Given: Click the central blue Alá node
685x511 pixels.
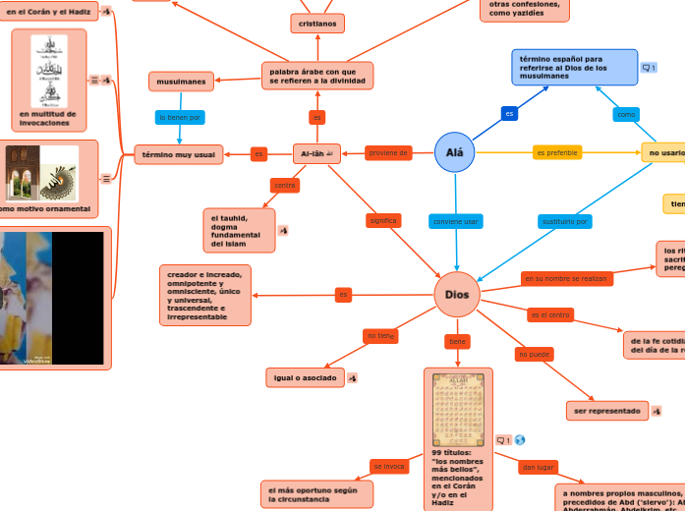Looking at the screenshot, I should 454,152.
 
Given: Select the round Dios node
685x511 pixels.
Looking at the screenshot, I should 457,295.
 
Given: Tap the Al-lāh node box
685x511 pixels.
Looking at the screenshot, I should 316,153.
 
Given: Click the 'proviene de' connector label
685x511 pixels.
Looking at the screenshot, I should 388,152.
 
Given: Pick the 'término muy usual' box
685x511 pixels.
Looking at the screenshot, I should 178,154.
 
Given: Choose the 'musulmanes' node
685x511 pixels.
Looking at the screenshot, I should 181,81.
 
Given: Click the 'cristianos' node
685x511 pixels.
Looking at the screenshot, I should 317,23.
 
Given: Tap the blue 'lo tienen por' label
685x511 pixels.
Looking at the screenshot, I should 181,117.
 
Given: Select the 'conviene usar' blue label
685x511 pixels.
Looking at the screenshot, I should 456,221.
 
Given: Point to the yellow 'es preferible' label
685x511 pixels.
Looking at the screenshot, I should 557,152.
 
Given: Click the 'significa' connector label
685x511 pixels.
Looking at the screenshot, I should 383,220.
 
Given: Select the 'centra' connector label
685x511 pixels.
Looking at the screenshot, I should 285,185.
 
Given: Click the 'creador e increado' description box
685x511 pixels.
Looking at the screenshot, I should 204,295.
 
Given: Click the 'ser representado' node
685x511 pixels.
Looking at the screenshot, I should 607,410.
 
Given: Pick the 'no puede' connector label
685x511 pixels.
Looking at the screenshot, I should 535,354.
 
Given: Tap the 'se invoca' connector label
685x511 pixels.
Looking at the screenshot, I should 389,466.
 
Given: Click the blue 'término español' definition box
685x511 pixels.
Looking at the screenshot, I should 574,67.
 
